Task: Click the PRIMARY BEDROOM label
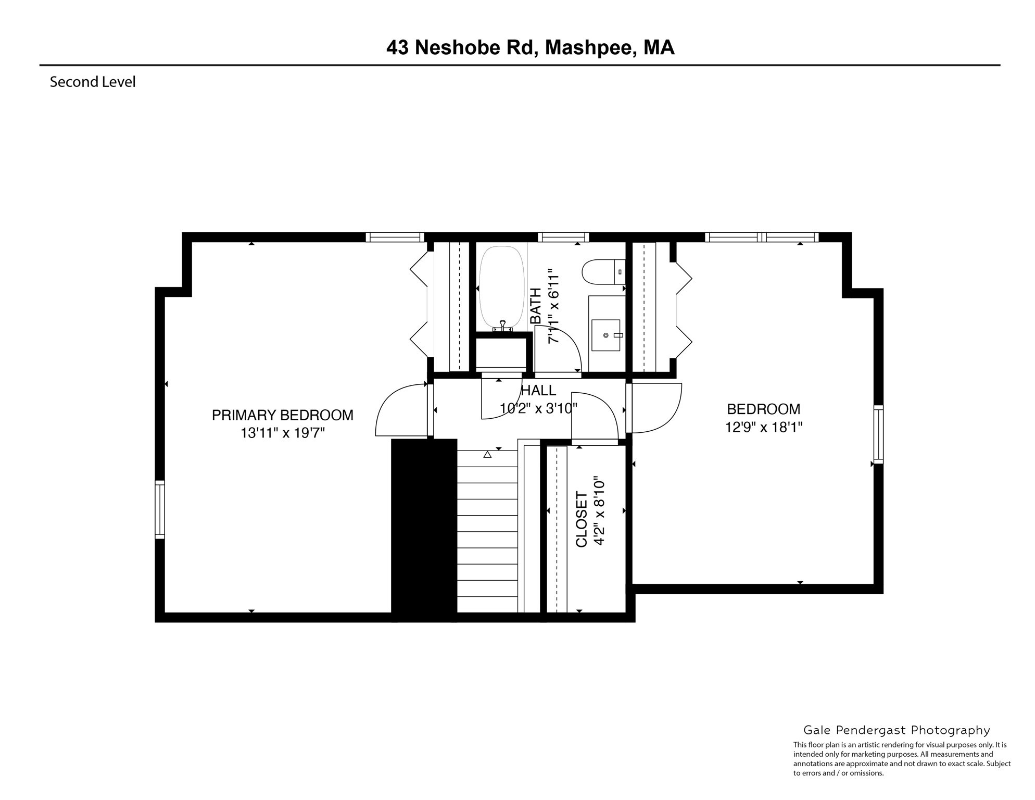click(x=282, y=415)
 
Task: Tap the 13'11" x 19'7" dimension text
click(x=282, y=433)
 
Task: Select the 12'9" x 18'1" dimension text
click(x=763, y=427)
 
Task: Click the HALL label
click(x=538, y=390)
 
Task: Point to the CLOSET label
click(x=582, y=519)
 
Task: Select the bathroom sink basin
click(x=606, y=335)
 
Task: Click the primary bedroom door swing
click(x=401, y=411)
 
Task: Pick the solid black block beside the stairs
click(x=424, y=530)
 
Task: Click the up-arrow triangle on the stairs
click(x=487, y=454)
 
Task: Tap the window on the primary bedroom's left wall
click(x=160, y=509)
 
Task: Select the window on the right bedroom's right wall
click(x=878, y=434)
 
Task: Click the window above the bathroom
click(x=563, y=238)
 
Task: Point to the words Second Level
click(x=93, y=82)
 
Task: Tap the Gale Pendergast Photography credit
click(x=897, y=730)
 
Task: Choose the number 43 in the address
click(x=397, y=48)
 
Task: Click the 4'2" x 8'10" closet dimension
click(x=600, y=510)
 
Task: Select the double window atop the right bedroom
click(x=762, y=238)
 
